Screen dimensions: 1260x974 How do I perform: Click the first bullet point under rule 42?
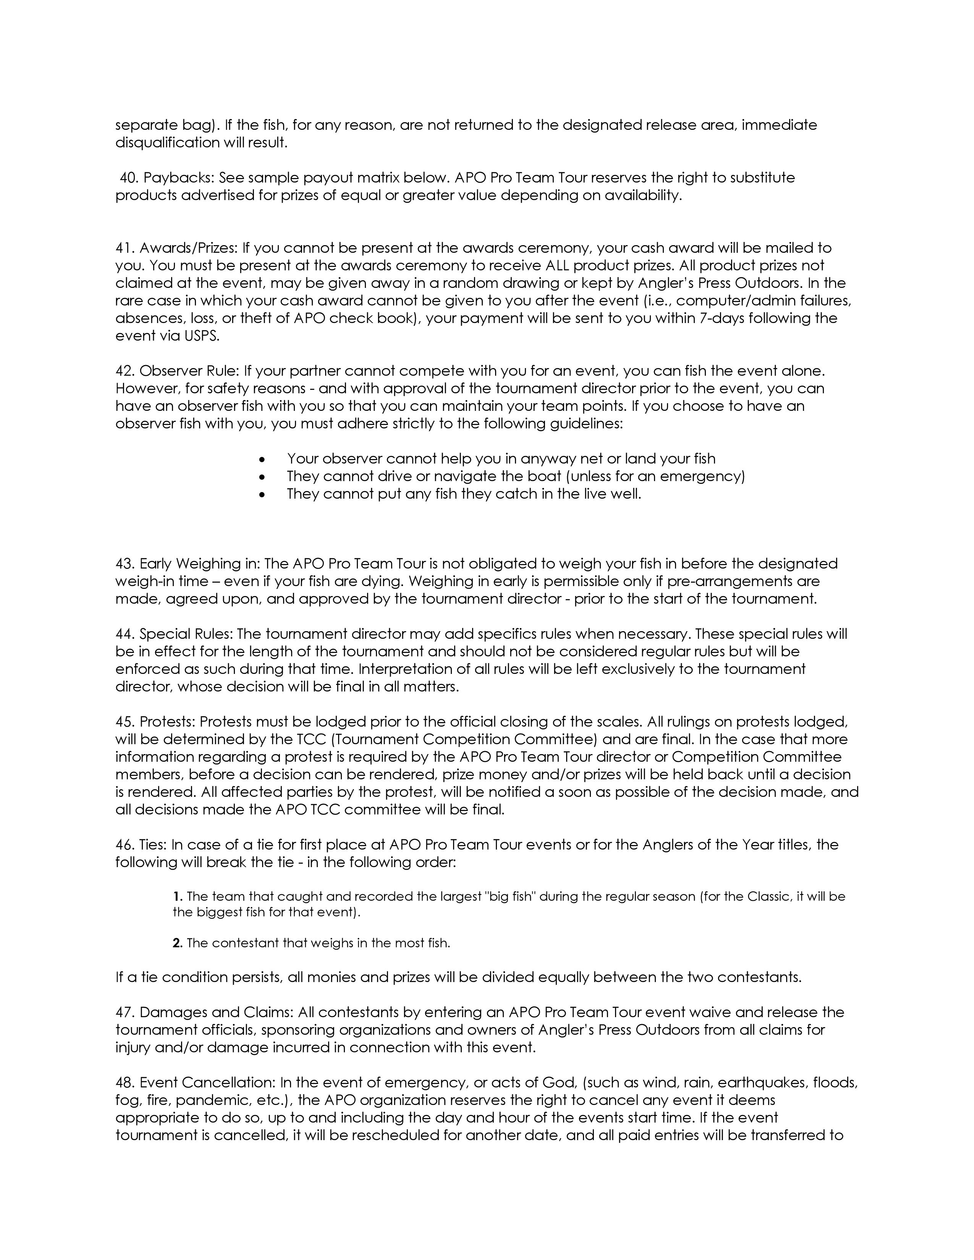click(262, 460)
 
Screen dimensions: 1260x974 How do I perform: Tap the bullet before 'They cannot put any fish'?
click(262, 495)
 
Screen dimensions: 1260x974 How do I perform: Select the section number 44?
click(125, 634)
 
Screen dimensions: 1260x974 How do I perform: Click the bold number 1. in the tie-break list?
click(178, 897)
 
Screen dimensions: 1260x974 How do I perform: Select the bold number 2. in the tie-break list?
click(178, 943)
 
